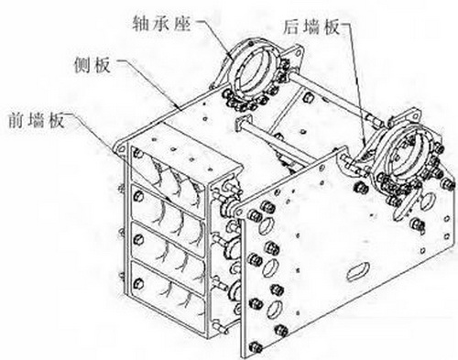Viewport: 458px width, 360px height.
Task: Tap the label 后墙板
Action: (311, 27)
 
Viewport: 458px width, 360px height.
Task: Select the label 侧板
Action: (93, 65)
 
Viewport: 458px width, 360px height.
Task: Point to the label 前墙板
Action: (36, 120)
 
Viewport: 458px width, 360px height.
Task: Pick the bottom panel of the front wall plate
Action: (168, 296)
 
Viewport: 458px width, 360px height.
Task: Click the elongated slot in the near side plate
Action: (358, 271)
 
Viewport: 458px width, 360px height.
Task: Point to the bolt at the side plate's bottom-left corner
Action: (255, 346)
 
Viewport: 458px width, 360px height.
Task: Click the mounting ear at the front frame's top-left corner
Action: (120, 147)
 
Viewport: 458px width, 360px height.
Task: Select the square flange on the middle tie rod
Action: (244, 123)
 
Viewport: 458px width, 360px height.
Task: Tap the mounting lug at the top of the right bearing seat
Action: (409, 116)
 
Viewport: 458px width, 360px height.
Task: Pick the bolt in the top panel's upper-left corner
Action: (138, 153)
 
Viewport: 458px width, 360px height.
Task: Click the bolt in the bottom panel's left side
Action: (138, 283)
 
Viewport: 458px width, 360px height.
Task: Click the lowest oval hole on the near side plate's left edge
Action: (274, 309)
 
